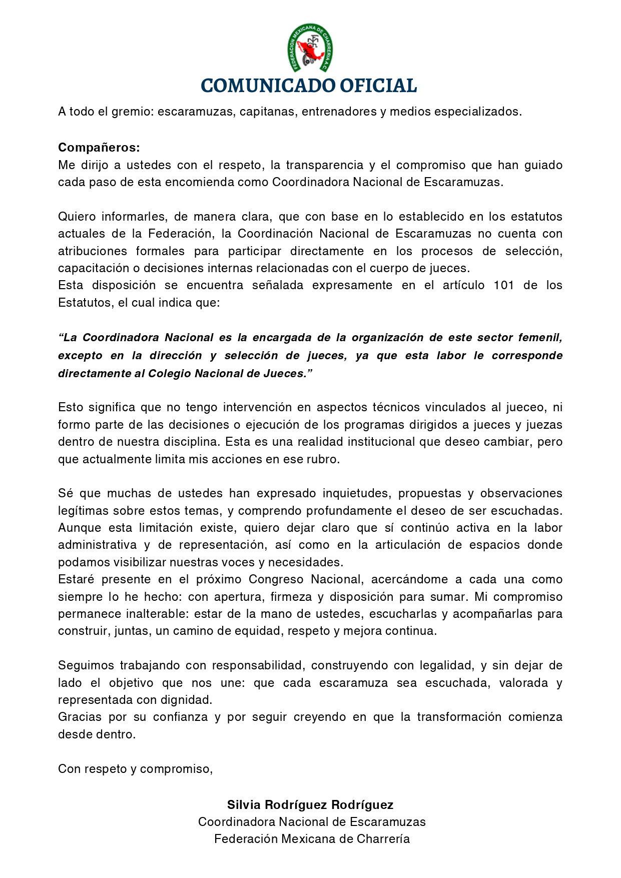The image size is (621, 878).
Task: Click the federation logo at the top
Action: point(310,48)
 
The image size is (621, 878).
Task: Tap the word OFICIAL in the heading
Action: point(378,86)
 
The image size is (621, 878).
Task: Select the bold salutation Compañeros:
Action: point(99,148)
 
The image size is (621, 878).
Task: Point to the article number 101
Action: point(504,285)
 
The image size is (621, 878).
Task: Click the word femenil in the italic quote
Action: point(540,338)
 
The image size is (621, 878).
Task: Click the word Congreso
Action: point(276,579)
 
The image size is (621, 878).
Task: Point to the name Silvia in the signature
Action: point(244,804)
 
